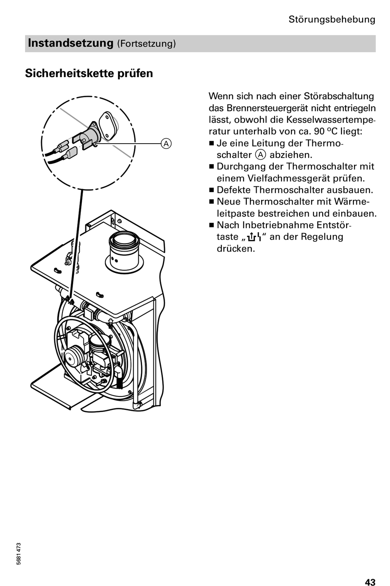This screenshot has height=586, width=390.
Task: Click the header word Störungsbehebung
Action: [332, 19]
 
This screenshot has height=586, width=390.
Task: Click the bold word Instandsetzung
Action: [70, 43]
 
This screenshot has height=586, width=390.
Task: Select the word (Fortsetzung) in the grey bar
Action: [147, 43]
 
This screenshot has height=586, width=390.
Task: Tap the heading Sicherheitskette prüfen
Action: [89, 73]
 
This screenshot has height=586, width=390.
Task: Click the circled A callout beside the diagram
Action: [166, 143]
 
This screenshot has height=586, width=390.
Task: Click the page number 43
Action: [370, 581]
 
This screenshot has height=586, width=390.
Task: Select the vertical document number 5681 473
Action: [19, 554]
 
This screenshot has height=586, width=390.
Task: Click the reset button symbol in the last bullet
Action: [255, 237]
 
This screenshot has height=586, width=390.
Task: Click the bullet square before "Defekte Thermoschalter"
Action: [211, 190]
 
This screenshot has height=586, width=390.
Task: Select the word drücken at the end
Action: [236, 248]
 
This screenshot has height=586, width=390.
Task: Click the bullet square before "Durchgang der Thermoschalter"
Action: [211, 167]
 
